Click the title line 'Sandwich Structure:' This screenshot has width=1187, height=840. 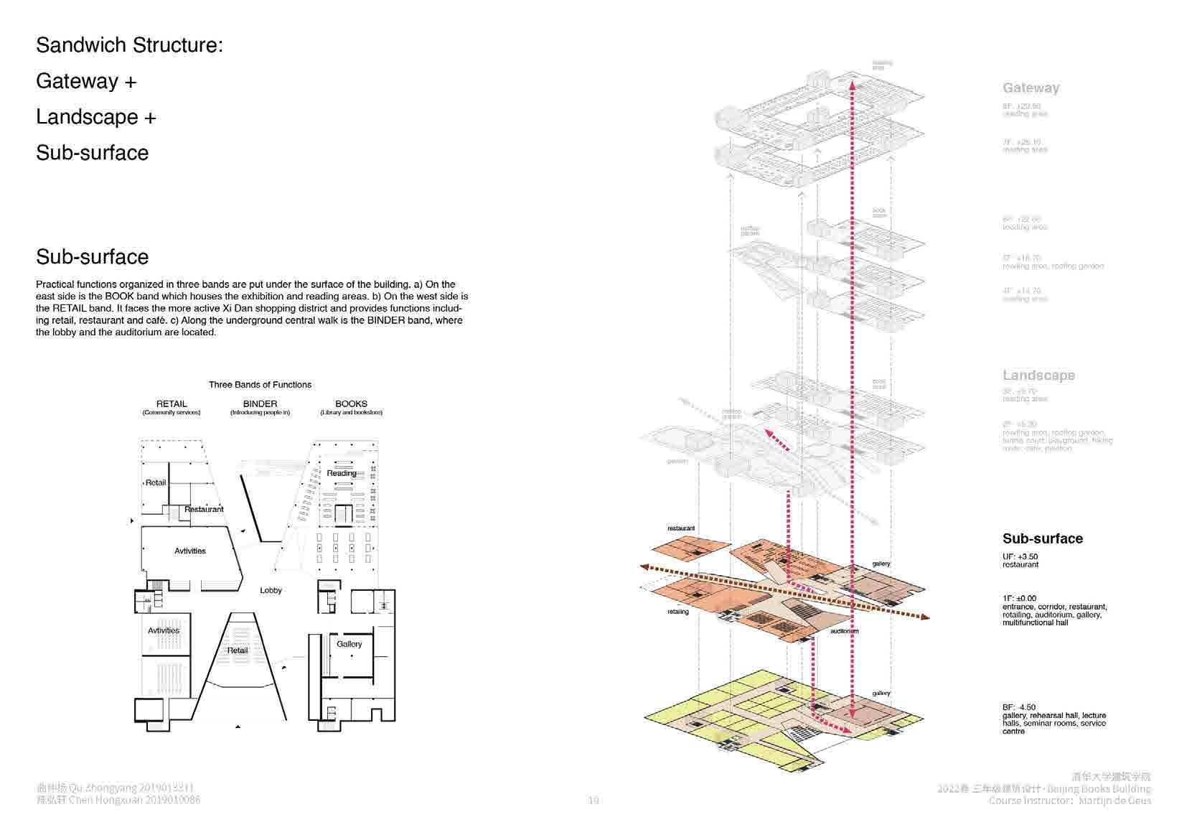(129, 45)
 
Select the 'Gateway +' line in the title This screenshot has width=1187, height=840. (86, 81)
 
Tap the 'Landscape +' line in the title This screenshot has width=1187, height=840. (95, 117)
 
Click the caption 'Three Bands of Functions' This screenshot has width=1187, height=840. (260, 385)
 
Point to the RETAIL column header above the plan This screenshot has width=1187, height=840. (172, 404)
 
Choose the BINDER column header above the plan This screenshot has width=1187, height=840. (260, 404)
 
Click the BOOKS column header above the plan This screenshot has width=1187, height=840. (351, 404)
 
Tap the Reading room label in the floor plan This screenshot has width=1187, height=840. (342, 473)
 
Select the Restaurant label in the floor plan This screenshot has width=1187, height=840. (204, 509)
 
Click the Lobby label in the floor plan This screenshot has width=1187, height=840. (271, 590)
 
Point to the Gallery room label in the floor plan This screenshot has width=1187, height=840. (349, 644)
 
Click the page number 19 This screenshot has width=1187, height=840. (593, 801)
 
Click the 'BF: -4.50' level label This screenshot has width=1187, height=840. (1019, 707)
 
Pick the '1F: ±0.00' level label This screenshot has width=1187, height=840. (1019, 598)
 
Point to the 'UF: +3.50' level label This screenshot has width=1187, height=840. (1020, 556)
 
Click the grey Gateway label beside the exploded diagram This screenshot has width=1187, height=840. (1031, 88)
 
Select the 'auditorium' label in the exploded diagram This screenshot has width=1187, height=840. (844, 632)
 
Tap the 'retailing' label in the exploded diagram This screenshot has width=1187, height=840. (677, 612)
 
